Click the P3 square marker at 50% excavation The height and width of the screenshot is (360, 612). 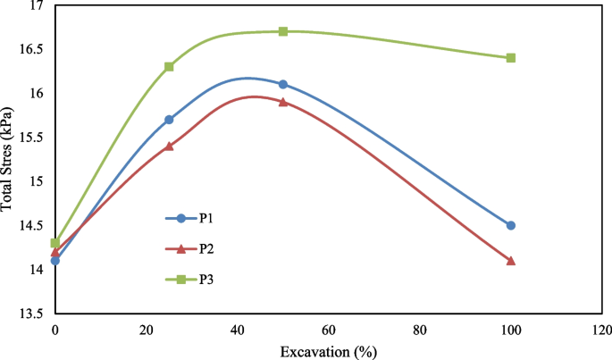(x=283, y=31)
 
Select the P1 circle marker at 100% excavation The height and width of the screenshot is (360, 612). (x=511, y=225)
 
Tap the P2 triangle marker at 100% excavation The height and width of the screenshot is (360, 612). (x=511, y=260)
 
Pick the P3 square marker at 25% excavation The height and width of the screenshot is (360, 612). (x=169, y=66)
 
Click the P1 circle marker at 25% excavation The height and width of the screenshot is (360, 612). (x=169, y=119)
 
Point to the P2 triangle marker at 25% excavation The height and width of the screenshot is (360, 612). (x=169, y=146)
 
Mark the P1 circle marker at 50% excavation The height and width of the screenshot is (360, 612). (x=283, y=84)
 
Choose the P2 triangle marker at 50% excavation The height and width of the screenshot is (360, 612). (x=283, y=102)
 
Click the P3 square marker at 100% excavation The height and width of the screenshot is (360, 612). (x=511, y=57)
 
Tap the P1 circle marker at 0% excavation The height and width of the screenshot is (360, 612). (x=55, y=261)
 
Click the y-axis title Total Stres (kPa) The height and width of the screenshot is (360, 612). (x=8, y=158)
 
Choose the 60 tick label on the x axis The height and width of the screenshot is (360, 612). (x=329, y=329)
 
